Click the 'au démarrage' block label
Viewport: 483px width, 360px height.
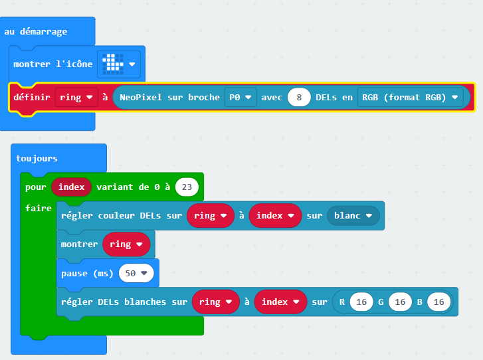click(36, 32)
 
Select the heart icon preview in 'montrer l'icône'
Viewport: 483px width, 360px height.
click(113, 64)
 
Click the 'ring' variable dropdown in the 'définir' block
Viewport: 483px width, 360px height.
click(76, 98)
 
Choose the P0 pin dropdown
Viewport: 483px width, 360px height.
click(241, 98)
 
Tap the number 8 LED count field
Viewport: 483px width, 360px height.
click(299, 98)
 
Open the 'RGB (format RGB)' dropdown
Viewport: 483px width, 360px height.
click(410, 98)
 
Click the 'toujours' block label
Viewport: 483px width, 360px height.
click(37, 158)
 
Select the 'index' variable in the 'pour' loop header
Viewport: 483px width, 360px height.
click(72, 187)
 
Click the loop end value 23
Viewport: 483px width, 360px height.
click(187, 187)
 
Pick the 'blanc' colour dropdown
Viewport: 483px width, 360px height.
click(353, 216)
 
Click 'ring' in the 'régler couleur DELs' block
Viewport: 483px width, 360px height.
click(211, 216)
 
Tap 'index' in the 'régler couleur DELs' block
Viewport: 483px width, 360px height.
click(275, 216)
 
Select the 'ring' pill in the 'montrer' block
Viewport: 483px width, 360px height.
click(126, 244)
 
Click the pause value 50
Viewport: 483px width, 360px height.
click(136, 273)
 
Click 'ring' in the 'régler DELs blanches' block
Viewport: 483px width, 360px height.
click(216, 302)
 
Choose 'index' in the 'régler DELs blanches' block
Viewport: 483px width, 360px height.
click(280, 302)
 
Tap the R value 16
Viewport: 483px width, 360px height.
click(361, 302)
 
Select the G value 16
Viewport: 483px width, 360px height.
click(400, 302)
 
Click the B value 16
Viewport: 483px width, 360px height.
click(439, 302)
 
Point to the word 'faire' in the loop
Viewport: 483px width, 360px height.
click(38, 208)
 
